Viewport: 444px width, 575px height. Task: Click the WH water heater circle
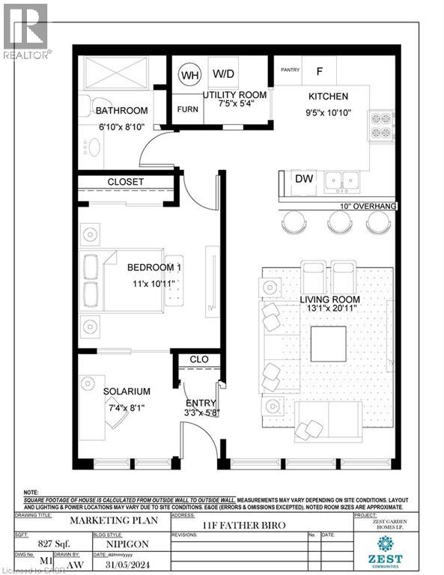click(189, 76)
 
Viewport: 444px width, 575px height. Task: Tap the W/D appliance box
click(223, 74)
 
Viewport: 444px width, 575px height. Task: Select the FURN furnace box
click(187, 109)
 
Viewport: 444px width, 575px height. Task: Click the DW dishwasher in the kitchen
click(304, 179)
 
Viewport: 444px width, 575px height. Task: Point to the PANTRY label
click(290, 71)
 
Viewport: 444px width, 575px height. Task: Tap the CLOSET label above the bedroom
click(125, 182)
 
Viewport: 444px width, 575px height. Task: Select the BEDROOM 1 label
click(153, 267)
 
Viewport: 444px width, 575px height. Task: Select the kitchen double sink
click(344, 180)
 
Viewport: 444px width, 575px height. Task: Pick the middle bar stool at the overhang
click(340, 222)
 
